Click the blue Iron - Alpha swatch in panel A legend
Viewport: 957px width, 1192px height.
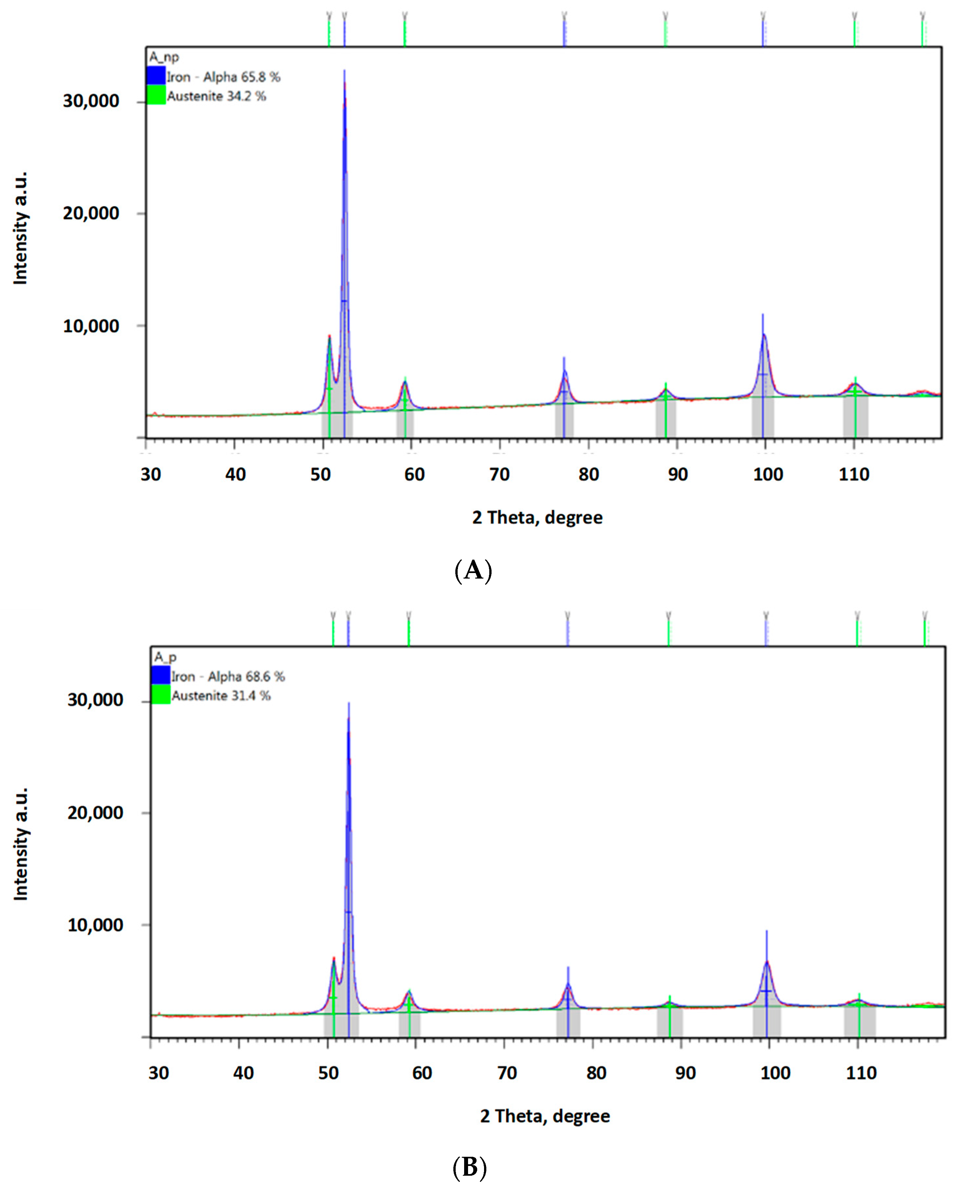(x=156, y=76)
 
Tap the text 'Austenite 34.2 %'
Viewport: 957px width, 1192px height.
(x=216, y=96)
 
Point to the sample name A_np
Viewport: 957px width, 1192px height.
(x=164, y=57)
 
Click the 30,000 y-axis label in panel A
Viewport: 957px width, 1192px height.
(x=91, y=101)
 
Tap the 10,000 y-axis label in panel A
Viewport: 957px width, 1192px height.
(x=91, y=326)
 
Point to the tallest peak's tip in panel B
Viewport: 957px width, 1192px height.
(x=349, y=703)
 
